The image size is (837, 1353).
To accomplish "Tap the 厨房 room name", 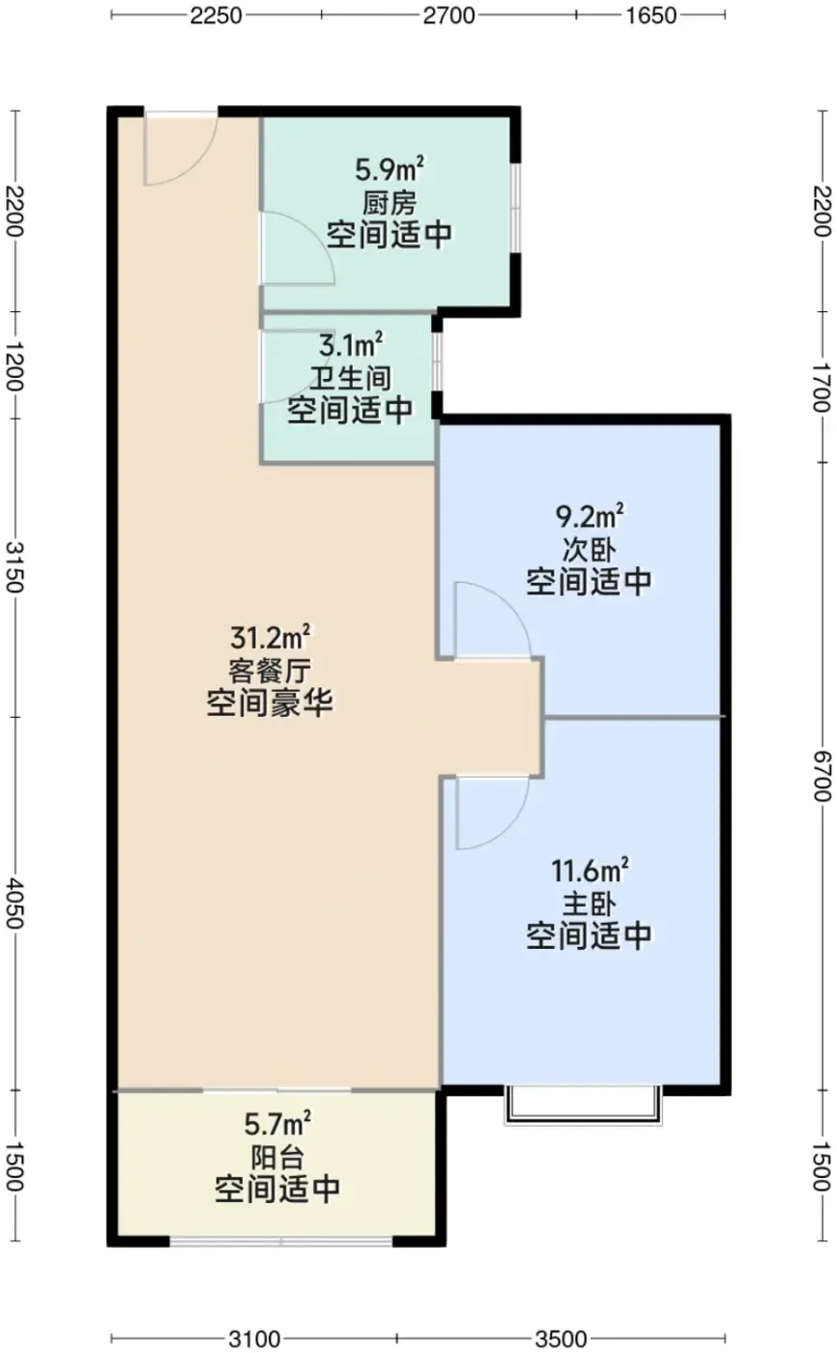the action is point(390,203).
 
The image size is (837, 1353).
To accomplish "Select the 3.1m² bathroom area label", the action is point(351,345).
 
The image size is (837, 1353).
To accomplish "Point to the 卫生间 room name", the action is point(351,379).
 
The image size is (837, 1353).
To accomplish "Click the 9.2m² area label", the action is point(590,516).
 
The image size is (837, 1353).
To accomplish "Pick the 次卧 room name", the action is point(590,550).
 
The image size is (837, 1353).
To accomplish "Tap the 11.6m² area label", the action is point(590,871).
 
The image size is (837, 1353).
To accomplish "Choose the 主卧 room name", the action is point(590,905).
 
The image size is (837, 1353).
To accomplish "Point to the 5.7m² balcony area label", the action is point(277,1123).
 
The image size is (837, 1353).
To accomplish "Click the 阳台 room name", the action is point(277,1158).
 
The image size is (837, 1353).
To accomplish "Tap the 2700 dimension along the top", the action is point(448,15).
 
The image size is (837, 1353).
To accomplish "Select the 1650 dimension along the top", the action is point(651,15).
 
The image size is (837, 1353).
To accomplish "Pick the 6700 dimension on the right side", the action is point(822,776).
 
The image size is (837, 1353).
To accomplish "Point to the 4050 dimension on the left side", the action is point(15,904).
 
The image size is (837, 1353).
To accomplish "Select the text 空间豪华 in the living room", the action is point(270,704).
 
